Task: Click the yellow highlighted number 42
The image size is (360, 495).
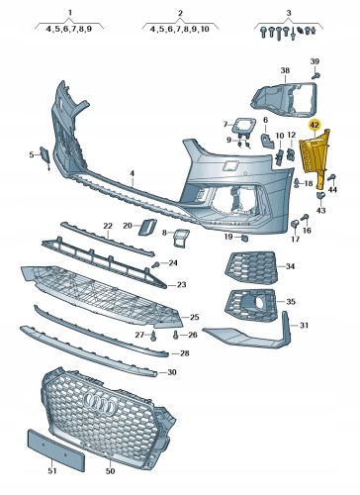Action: (315, 125)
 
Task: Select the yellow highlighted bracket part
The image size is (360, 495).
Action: (315, 155)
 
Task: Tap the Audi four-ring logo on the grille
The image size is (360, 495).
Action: (101, 404)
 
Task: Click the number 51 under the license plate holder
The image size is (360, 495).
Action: (52, 471)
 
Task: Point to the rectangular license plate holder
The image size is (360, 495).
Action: (56, 450)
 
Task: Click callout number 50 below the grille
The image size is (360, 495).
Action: (110, 471)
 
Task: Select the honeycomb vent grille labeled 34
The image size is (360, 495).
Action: (251, 267)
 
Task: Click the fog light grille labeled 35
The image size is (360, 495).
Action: (251, 305)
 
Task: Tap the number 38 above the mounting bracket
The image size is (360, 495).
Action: (285, 70)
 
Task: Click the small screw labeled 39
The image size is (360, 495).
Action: (315, 75)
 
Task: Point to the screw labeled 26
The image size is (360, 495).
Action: (176, 336)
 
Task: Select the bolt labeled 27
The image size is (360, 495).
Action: (153, 337)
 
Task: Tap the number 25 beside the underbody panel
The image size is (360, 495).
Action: (195, 317)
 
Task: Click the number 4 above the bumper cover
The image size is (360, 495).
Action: (132, 173)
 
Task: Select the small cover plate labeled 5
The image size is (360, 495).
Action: (45, 155)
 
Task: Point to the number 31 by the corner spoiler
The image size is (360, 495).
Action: (304, 326)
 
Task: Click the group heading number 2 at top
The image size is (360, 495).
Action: (180, 13)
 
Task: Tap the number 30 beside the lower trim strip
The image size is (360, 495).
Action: (172, 372)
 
